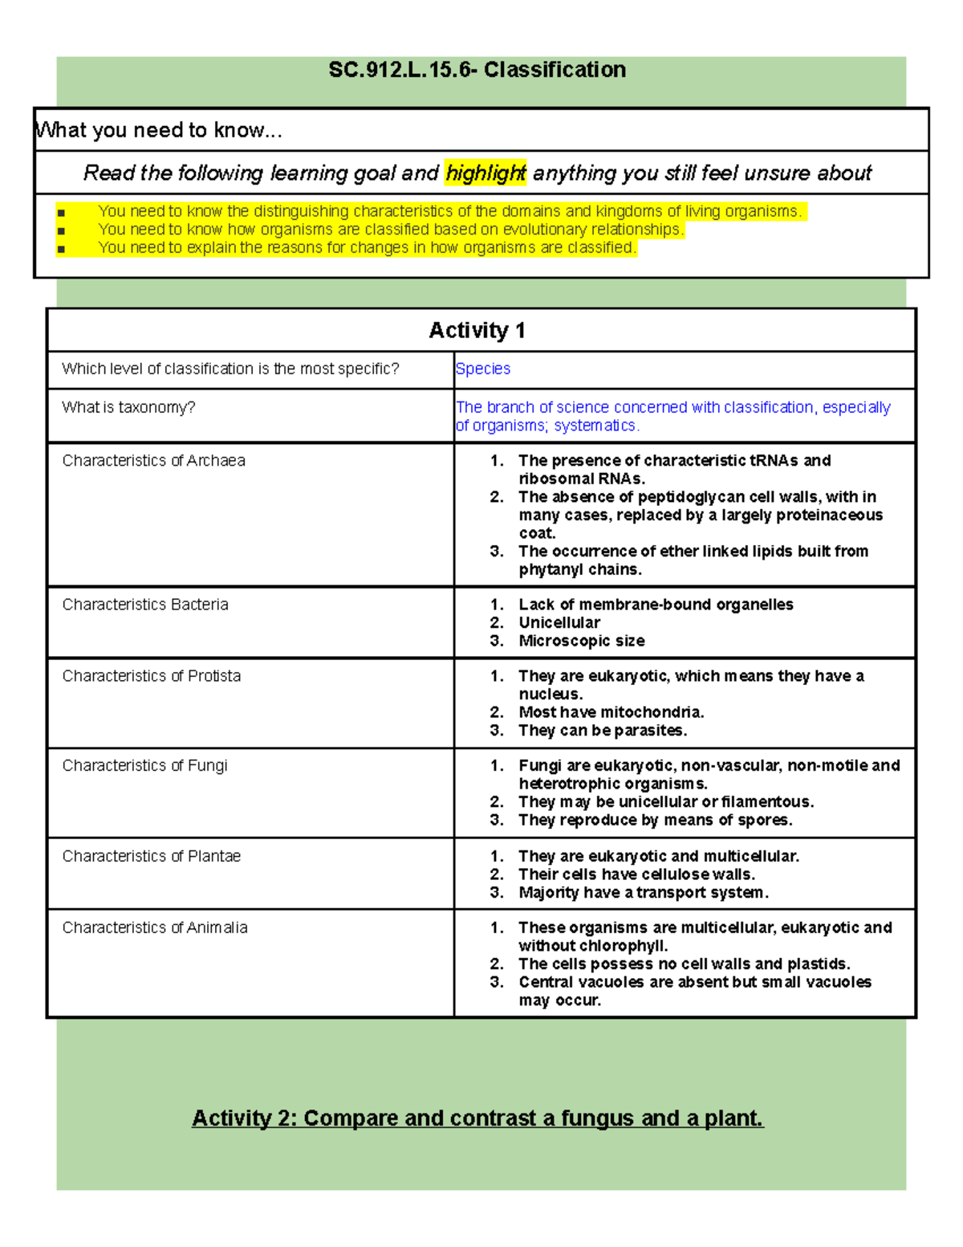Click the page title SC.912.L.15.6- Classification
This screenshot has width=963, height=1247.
pos(477,70)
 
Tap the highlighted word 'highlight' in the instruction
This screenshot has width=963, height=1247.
pos(486,173)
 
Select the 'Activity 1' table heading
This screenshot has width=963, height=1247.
pos(477,330)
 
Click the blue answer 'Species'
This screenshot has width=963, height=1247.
pos(482,369)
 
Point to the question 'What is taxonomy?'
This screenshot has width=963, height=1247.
pos(128,407)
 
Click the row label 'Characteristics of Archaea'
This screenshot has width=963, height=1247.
pos(153,460)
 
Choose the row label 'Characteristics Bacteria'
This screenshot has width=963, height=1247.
pos(145,604)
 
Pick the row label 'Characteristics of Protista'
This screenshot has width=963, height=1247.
pos(151,675)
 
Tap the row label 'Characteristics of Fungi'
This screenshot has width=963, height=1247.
pos(144,765)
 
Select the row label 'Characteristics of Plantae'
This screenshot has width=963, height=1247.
pos(151,856)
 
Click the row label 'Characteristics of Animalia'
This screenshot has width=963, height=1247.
pos(154,927)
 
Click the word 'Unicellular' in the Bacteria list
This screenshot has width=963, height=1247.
pos(559,622)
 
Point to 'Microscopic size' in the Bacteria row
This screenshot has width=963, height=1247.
pos(581,641)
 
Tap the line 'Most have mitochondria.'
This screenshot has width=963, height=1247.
pos(611,712)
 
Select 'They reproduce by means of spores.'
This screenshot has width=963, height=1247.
pos(655,820)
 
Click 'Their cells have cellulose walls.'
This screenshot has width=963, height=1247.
pos(636,874)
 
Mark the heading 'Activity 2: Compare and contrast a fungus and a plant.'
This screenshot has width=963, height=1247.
pos(477,1118)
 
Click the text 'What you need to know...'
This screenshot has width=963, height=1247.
pos(159,130)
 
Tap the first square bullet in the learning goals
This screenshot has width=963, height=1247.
pos(61,213)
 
